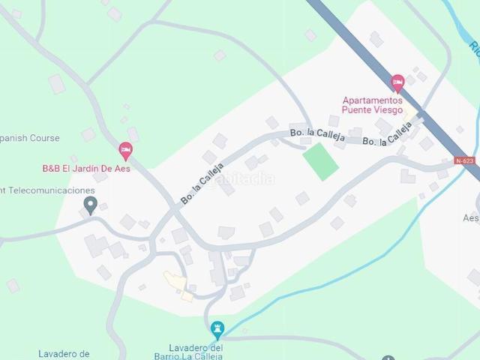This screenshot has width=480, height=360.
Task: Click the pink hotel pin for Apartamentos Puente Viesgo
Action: [397, 82]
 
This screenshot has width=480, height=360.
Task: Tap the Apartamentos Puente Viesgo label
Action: [372, 105]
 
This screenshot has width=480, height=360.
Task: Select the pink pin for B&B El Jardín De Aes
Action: [126, 150]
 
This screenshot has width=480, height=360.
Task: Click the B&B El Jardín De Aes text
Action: [85, 169]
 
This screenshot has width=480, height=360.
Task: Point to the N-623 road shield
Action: [464, 160]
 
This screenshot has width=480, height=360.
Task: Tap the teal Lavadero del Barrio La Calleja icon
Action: [217, 328]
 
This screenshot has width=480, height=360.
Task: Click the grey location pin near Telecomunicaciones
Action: [90, 204]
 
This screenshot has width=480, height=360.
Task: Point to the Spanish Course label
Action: [30, 138]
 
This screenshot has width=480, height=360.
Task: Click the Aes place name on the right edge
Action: [471, 218]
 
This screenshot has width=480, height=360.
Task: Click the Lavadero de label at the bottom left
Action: [64, 353]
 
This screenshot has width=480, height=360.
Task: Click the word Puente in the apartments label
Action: [356, 109]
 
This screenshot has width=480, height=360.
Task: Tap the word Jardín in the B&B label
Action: [88, 169]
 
